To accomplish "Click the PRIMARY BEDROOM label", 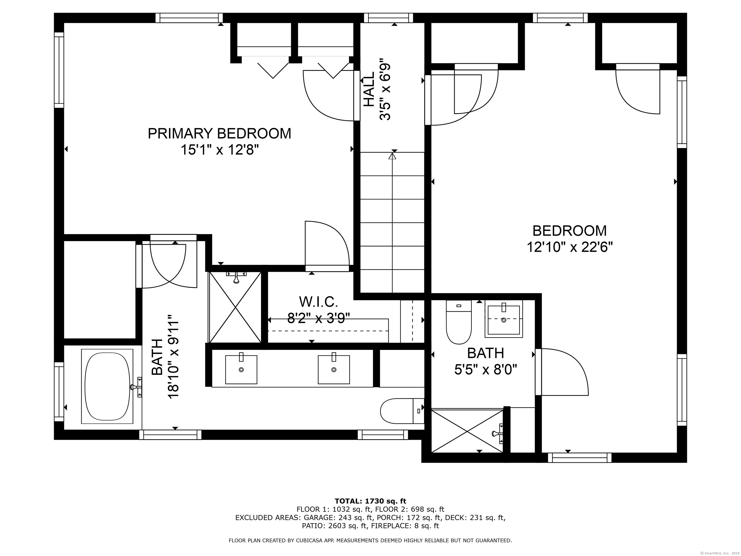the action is pos(220,133).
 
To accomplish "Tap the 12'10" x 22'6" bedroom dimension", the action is pos(569,247).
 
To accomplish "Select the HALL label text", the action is pos(369,90).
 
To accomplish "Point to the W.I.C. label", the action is pos(319,302).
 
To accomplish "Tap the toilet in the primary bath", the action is pos(402,411).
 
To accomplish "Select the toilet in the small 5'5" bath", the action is pos(459,322).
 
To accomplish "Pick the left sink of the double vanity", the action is pos(241,369).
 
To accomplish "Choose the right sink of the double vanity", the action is pos(334,369).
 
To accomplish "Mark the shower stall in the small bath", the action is pos(467,431).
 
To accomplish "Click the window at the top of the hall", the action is pos(389,18).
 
